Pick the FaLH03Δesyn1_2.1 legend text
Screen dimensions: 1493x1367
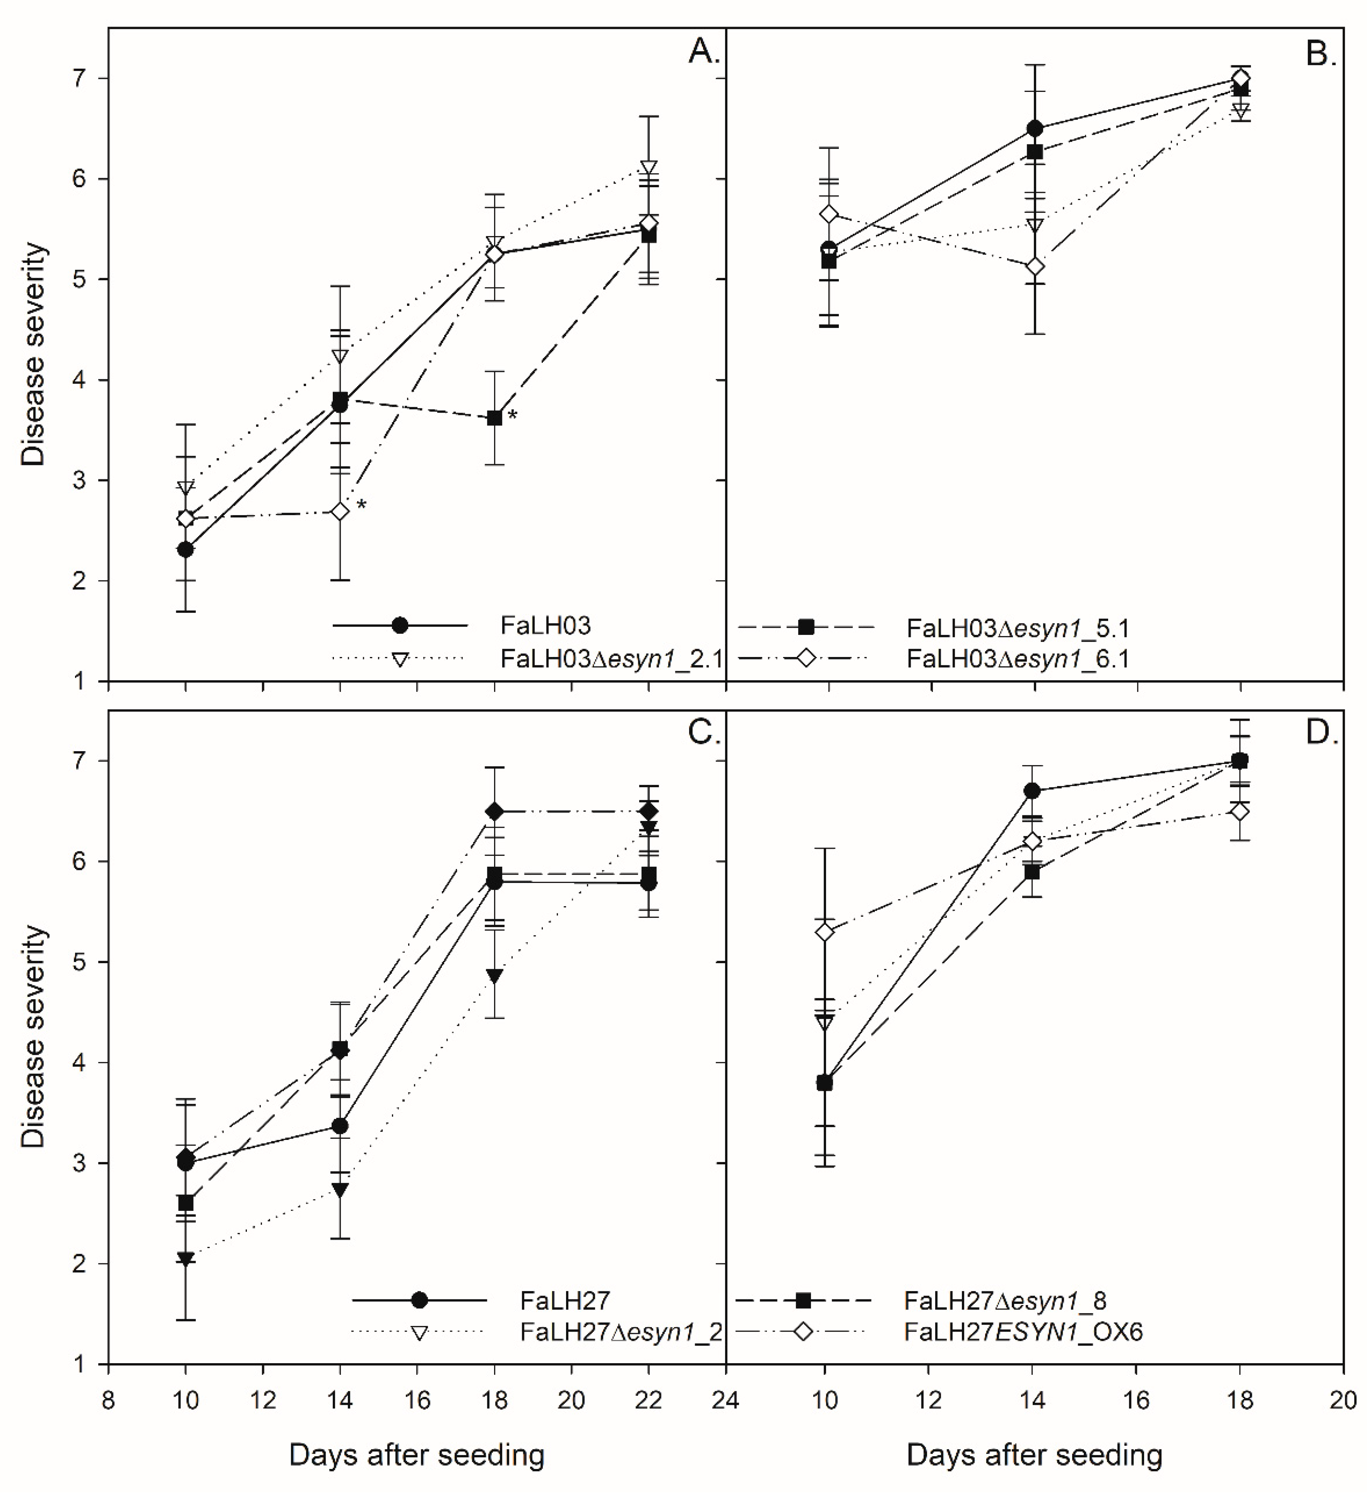pos(611,659)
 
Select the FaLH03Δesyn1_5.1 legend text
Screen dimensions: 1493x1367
pos(1017,629)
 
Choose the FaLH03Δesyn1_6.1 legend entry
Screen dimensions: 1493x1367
pos(1017,659)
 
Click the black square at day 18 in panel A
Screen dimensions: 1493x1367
pos(495,418)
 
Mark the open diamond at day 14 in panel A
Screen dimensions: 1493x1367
pos(340,512)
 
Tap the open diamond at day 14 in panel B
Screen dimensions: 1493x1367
pos(1035,266)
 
